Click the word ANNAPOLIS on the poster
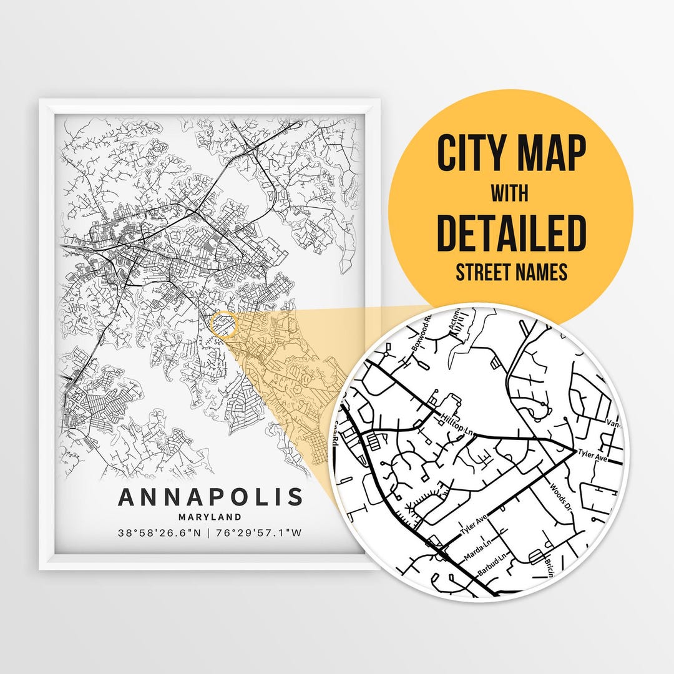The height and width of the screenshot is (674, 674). pos(210,497)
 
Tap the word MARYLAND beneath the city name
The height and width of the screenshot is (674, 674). pos(210,517)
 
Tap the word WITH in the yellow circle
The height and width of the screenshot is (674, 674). pos(510,193)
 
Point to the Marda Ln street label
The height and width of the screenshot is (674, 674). pos(479,547)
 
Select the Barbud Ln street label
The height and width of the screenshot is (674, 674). pos(493,564)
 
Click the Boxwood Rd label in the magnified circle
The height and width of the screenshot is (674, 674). pos(419,335)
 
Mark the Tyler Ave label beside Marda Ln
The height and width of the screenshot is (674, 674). pos(472,527)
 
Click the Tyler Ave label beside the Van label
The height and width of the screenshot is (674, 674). pos(592,456)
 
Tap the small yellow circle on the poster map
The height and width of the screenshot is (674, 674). pos(224,325)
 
